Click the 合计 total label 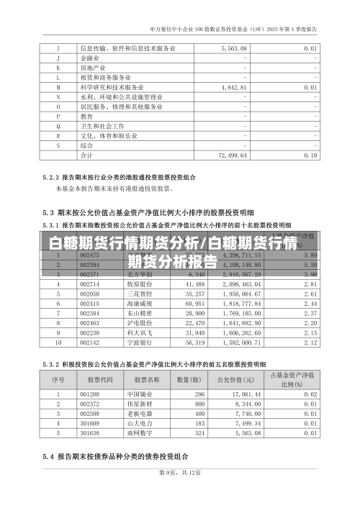[x=86, y=155]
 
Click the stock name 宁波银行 [x=140, y=343]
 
